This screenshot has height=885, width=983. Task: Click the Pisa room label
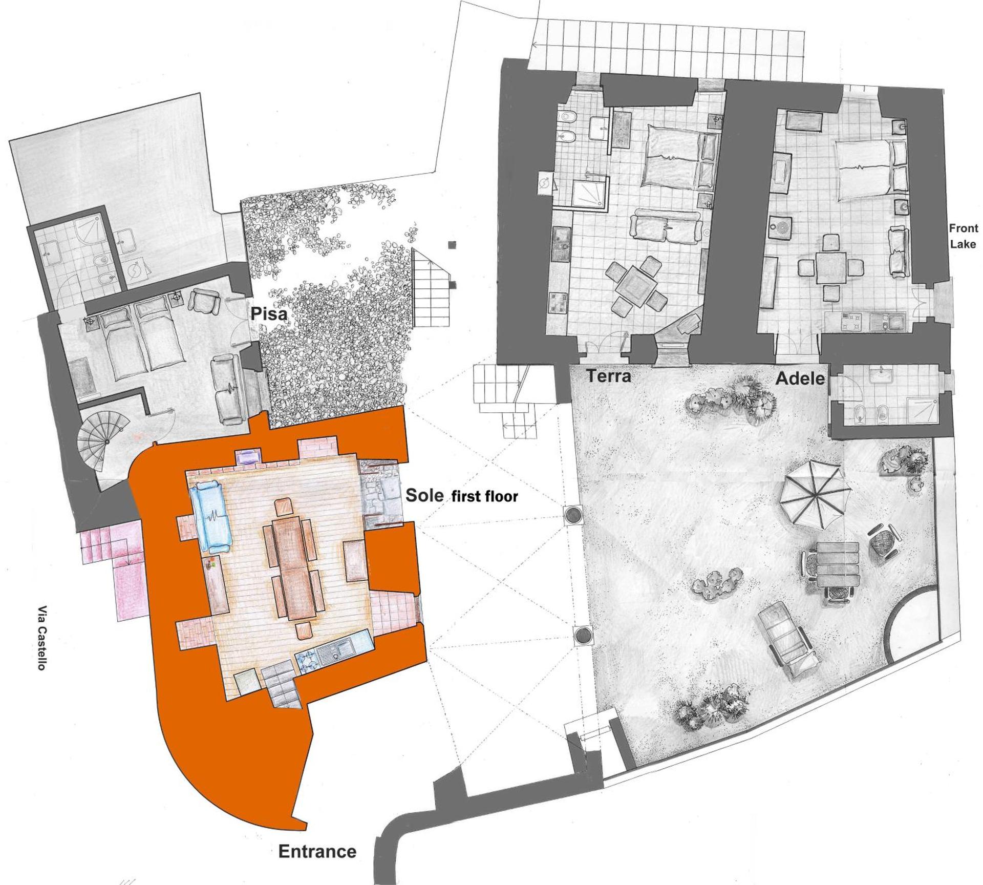pos(268,314)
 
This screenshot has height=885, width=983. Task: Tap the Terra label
pos(608,376)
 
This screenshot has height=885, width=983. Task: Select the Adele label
pos(800,378)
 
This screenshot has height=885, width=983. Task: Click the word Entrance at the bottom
pos(317,852)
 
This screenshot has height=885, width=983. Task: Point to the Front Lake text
pos(963,236)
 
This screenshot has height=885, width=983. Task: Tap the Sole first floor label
pos(461,496)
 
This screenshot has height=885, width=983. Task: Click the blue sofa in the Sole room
pos(212,517)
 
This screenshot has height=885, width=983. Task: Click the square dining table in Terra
pos(636,286)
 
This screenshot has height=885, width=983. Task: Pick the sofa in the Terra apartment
pos(666,226)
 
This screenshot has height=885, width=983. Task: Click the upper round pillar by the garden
pos(572,515)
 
